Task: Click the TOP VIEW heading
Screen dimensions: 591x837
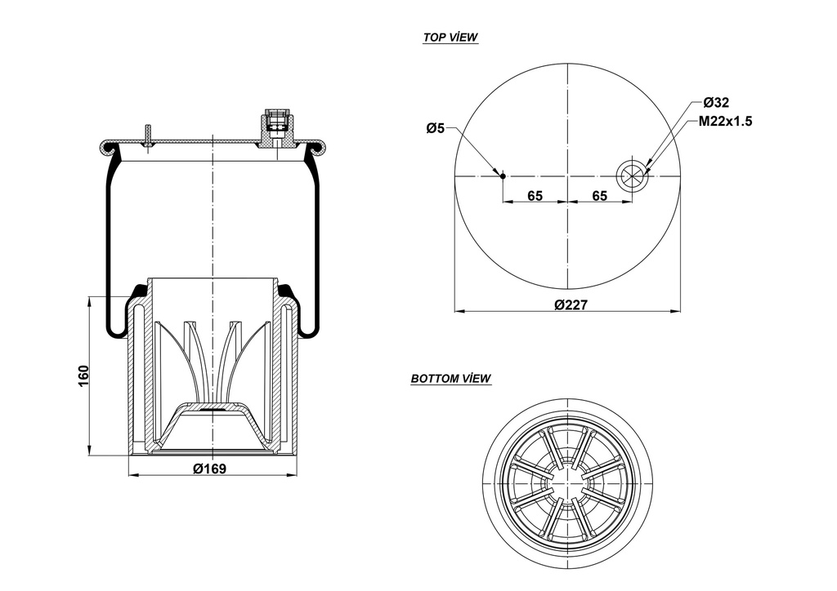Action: click(450, 38)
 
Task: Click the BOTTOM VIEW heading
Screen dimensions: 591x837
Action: click(450, 379)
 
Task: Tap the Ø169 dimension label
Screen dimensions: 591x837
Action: click(209, 468)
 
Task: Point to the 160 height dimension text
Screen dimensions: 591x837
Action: click(83, 375)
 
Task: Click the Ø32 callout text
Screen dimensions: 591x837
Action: click(716, 102)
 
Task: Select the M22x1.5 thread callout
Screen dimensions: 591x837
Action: click(724, 121)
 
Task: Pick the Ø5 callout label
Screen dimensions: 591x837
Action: click(435, 128)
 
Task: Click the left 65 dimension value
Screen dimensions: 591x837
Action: click(535, 195)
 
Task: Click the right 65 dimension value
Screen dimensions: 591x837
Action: click(599, 195)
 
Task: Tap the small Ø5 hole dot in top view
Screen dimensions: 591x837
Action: click(503, 176)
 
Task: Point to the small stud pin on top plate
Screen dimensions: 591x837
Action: click(148, 135)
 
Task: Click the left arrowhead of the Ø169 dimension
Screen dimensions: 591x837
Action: click(132, 474)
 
